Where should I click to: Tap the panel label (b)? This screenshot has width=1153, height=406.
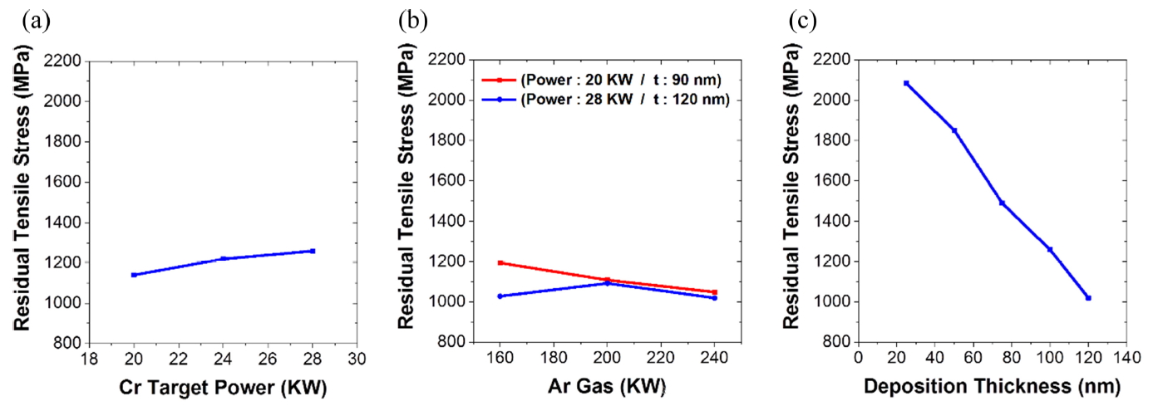tap(414, 18)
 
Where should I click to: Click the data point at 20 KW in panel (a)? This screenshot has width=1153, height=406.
tap(134, 275)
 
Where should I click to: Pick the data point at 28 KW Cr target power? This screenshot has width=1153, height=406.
tap(313, 251)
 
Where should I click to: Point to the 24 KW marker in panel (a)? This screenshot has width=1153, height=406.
tap(223, 258)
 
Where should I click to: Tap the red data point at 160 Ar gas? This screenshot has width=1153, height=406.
tap(500, 262)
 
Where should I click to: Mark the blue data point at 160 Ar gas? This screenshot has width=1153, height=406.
tap(500, 296)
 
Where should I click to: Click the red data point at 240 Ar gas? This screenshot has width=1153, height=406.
tap(714, 292)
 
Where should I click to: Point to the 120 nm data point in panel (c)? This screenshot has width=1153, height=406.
tap(1088, 297)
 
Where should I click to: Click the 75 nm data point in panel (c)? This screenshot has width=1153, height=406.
tap(1002, 203)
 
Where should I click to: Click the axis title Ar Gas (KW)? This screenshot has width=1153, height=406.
tap(607, 387)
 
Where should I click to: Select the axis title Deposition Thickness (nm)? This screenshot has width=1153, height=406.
tap(992, 387)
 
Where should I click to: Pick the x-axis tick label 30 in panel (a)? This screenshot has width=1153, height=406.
tap(357, 359)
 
